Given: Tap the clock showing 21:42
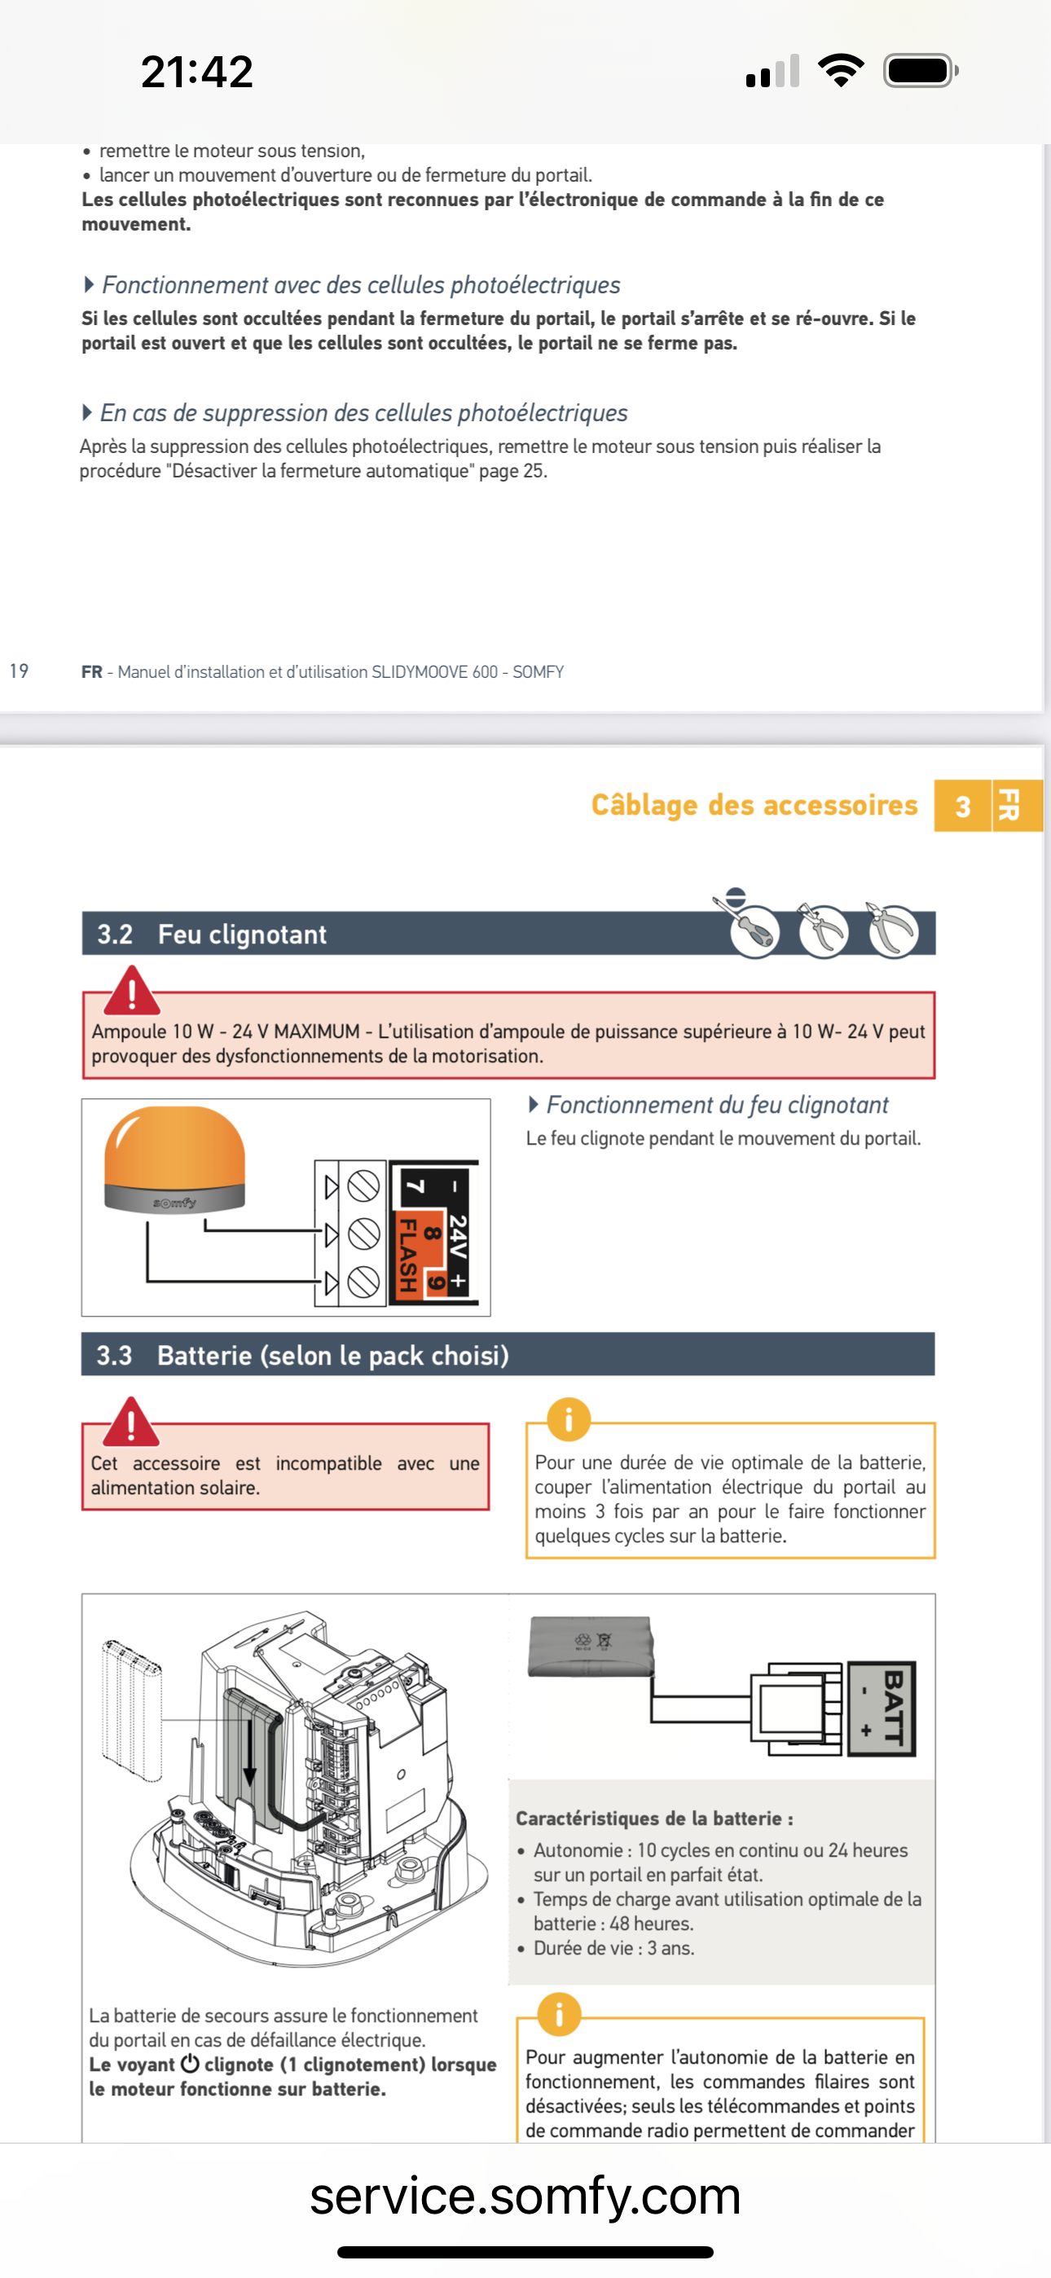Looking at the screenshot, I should [196, 72].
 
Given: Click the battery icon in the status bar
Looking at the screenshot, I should [920, 71].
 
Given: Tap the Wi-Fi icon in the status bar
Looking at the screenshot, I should [841, 70].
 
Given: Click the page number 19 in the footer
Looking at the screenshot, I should [19, 671].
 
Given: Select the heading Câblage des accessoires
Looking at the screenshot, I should [754, 805].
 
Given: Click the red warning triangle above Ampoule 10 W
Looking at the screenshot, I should [132, 992].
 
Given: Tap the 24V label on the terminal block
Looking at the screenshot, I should [456, 1236].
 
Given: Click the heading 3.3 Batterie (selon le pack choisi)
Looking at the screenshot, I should [302, 1355].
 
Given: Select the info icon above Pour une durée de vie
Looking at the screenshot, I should [568, 1419].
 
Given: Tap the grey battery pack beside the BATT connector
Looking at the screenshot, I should [590, 1647].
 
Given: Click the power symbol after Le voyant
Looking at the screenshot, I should [189, 2064].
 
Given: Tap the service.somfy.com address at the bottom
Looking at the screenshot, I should [525, 2197].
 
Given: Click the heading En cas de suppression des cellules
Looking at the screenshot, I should [363, 413].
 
